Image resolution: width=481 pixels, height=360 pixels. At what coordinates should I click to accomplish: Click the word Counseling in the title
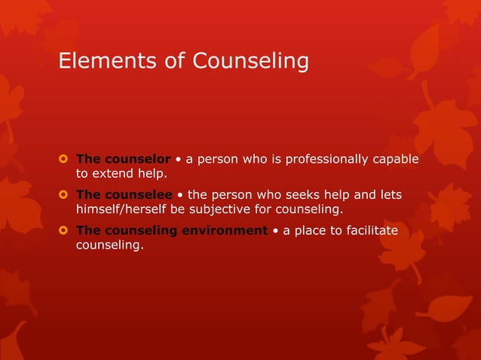(250, 60)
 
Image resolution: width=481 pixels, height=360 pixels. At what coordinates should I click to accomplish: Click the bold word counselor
(137, 159)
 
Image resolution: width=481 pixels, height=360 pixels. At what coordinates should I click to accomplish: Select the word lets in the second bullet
(391, 195)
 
